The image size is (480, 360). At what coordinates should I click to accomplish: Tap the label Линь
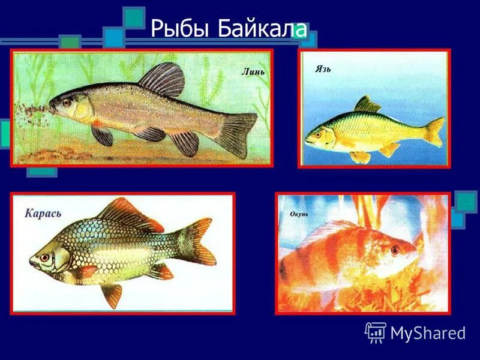coord(253,72)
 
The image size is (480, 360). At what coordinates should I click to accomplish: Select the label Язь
coord(323,69)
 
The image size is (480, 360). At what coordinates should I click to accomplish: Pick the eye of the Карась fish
coord(44,257)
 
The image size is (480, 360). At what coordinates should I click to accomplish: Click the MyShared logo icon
coord(376,332)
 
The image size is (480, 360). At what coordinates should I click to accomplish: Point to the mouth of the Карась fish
coord(31,262)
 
